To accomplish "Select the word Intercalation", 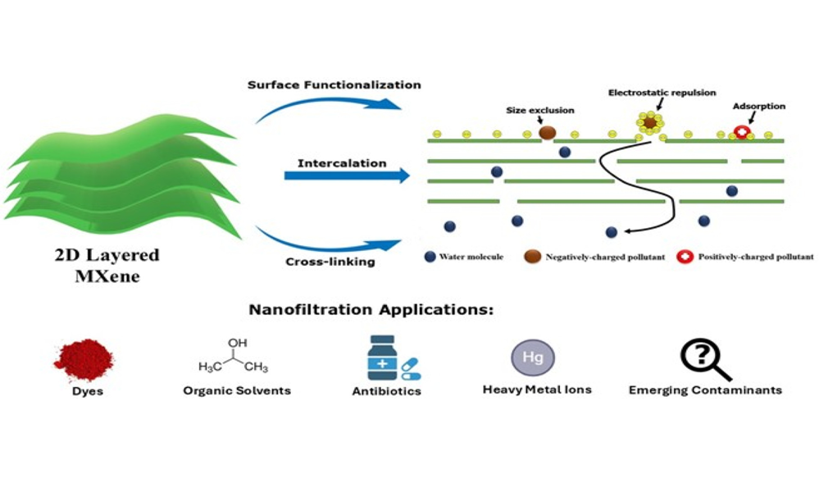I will [x=342, y=163].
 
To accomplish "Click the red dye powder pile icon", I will [x=84, y=358].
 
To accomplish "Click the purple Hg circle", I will [x=533, y=357].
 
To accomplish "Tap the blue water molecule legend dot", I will [x=430, y=257].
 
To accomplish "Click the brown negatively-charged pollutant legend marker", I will [x=533, y=257].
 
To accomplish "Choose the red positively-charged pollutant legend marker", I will [x=685, y=257].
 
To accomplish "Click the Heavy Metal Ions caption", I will [x=537, y=389].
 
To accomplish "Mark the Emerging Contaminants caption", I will [x=705, y=390].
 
